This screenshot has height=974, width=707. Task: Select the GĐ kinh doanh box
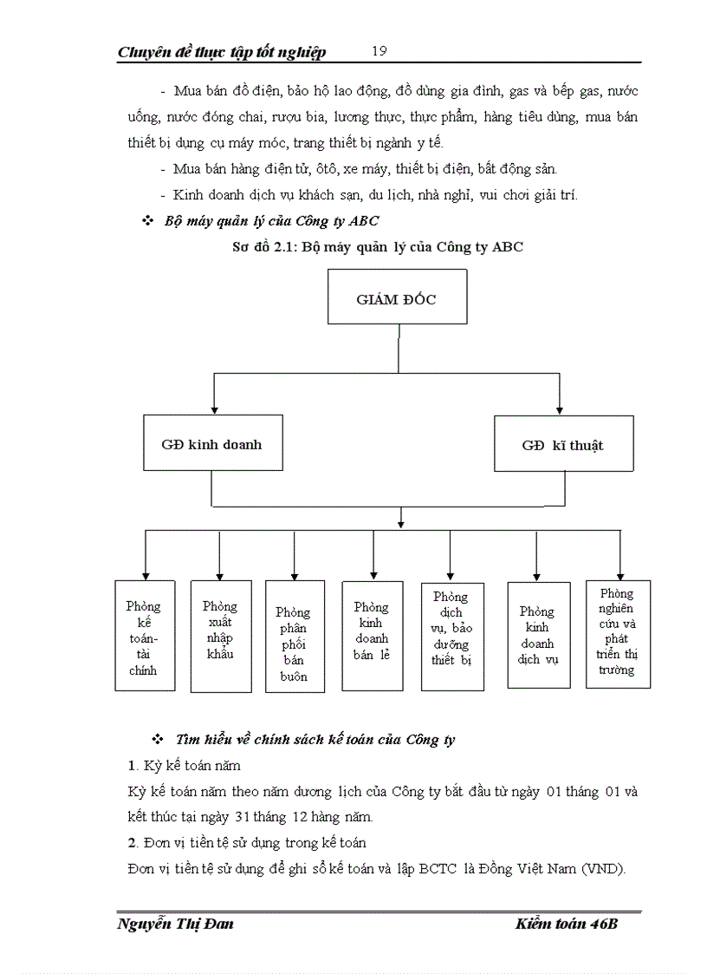(x=211, y=443)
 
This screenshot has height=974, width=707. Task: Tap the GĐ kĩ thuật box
(x=562, y=445)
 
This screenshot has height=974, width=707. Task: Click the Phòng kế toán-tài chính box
(x=144, y=637)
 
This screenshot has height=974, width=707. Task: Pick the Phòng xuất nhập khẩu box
(x=220, y=636)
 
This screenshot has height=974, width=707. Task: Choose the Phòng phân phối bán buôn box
(x=295, y=637)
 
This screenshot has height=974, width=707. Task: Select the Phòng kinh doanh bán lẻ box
(x=372, y=635)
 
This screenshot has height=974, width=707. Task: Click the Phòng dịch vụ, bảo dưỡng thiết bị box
(x=451, y=636)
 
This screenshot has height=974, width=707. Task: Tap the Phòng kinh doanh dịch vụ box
(x=538, y=635)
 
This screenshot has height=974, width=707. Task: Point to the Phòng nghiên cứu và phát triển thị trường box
(x=618, y=634)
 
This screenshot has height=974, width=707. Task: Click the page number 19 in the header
(x=379, y=51)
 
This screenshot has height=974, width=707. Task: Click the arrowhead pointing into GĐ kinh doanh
(x=214, y=409)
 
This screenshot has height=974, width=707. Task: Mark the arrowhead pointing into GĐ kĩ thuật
(x=561, y=409)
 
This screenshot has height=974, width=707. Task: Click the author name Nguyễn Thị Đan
(x=175, y=924)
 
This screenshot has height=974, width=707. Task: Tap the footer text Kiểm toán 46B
(x=565, y=924)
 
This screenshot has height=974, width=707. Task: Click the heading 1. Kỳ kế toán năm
(x=184, y=766)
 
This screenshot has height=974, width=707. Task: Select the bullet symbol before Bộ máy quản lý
(x=147, y=221)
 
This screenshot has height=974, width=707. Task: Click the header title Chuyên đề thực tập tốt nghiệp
(x=222, y=52)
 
